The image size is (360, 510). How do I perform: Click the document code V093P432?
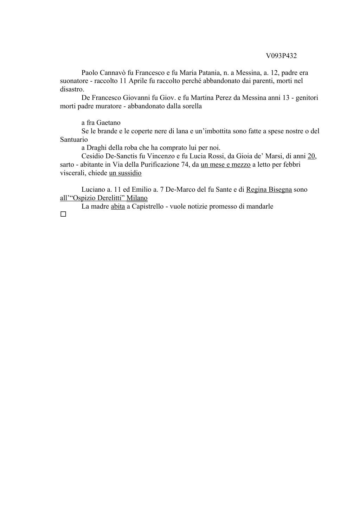(281, 56)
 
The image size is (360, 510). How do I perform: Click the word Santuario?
(74, 140)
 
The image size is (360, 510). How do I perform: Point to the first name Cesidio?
(92, 156)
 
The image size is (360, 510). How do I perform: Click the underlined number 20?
(311, 156)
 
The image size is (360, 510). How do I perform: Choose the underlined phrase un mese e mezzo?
(225, 165)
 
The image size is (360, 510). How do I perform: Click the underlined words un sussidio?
(125, 173)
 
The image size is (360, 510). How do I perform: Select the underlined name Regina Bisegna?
(269, 190)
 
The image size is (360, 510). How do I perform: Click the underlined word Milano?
(137, 198)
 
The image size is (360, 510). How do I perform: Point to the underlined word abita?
(118, 206)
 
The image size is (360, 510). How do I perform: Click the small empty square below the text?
(63, 214)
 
